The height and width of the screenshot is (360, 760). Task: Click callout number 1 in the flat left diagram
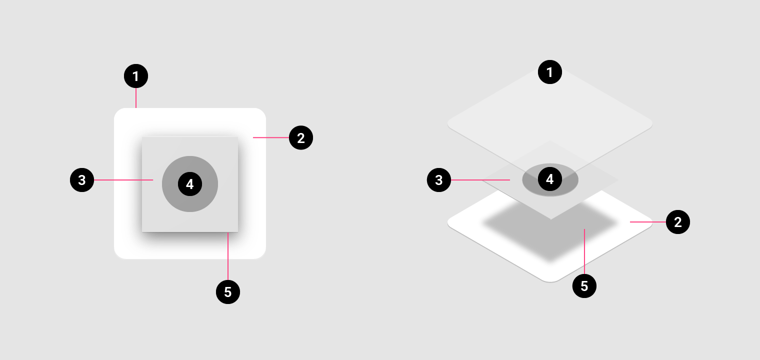pos(136,76)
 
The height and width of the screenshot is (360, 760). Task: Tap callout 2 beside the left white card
pos(301,138)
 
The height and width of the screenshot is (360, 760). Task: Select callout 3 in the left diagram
pos(82,180)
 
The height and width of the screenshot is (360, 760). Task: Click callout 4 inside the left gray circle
pos(190,184)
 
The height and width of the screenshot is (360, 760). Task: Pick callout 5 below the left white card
pos(228,291)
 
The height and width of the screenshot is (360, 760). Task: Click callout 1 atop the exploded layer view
pos(550,72)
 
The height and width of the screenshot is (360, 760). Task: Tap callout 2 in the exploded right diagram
pos(678,221)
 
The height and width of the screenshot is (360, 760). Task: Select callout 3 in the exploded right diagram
pos(439,180)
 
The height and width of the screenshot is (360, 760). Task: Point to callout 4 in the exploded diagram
pos(550,179)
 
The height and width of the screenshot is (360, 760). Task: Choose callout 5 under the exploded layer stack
pos(584,286)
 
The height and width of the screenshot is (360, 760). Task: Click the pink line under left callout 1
pos(136,98)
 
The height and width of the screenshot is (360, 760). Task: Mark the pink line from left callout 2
pos(270,137)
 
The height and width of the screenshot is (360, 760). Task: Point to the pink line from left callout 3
pos(123,180)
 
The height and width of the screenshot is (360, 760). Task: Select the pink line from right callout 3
pos(480,180)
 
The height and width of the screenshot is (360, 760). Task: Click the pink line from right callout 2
pos(647,221)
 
